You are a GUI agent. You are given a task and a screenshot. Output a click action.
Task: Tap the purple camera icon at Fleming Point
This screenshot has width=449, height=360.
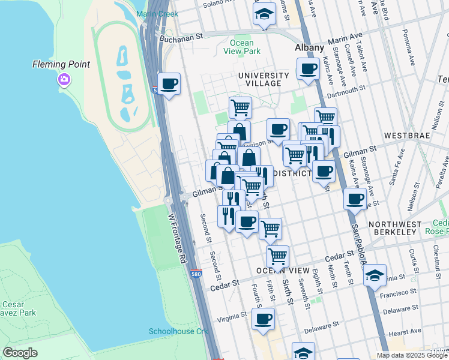[x=64, y=79]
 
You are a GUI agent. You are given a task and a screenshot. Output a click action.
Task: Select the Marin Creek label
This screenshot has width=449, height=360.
[x=157, y=14]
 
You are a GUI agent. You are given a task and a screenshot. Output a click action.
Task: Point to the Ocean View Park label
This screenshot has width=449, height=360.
[x=242, y=47]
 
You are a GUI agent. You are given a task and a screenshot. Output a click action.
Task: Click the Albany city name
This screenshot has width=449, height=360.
[x=309, y=47]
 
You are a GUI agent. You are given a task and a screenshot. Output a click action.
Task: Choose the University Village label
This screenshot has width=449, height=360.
[x=263, y=79]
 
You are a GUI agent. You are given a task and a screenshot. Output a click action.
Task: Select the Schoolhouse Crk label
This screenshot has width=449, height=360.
[x=178, y=332]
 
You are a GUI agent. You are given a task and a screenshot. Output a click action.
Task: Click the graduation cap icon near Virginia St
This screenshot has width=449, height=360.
[x=375, y=275]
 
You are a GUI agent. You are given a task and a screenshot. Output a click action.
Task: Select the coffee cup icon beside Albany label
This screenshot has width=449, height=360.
[x=308, y=68]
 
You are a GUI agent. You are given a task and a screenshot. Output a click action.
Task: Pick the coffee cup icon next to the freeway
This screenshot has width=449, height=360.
[x=169, y=83]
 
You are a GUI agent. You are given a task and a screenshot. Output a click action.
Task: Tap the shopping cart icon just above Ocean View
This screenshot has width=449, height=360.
[x=277, y=255]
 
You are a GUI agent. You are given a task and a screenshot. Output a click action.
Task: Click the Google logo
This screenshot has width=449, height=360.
[x=20, y=353]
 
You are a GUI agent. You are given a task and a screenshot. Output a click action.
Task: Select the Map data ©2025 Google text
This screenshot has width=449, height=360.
[x=412, y=355]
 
